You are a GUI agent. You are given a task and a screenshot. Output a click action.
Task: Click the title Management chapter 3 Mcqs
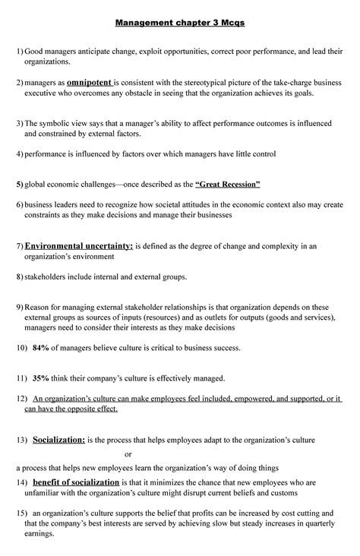(179, 23)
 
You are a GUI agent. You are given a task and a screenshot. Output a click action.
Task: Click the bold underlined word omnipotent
(89, 81)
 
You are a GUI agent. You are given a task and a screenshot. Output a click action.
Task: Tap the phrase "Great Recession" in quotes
(228, 185)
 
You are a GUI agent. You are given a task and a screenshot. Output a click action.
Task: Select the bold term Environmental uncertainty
(78, 245)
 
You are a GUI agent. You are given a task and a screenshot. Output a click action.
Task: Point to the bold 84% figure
(40, 348)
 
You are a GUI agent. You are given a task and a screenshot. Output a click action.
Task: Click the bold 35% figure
(40, 378)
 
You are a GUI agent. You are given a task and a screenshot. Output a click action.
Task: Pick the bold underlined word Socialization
(58, 440)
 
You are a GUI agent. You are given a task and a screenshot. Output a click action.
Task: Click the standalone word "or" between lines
(128, 454)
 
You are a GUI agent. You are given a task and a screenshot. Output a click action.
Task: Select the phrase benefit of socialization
(76, 482)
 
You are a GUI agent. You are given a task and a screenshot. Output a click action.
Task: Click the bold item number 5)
(20, 185)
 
